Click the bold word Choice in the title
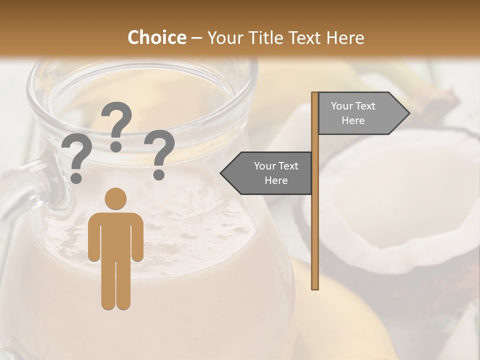point(156,37)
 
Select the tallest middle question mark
point(116,122)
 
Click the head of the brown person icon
point(115,199)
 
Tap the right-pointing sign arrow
point(362,113)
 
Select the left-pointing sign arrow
point(267,173)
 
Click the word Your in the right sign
point(342,106)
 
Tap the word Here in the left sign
point(276,180)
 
